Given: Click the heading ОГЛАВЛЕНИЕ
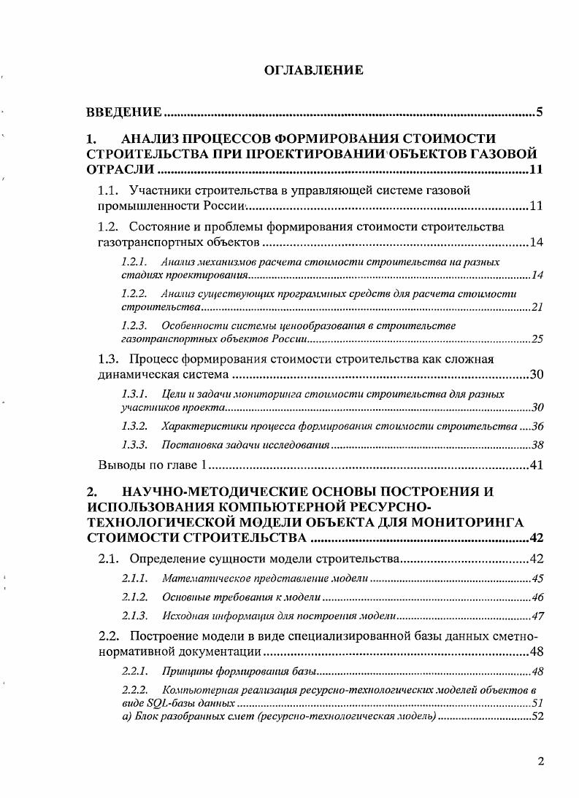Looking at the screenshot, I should coord(313,71).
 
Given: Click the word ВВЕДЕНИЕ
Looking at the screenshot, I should coord(123,112).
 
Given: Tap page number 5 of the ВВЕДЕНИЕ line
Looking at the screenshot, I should coord(539,112).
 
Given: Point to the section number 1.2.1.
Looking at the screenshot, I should coord(134,261).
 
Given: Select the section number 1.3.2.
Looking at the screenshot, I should coord(134,426).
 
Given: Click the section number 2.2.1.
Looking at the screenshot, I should coord(134,671).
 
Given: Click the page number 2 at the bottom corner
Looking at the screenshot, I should coord(540,762).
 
